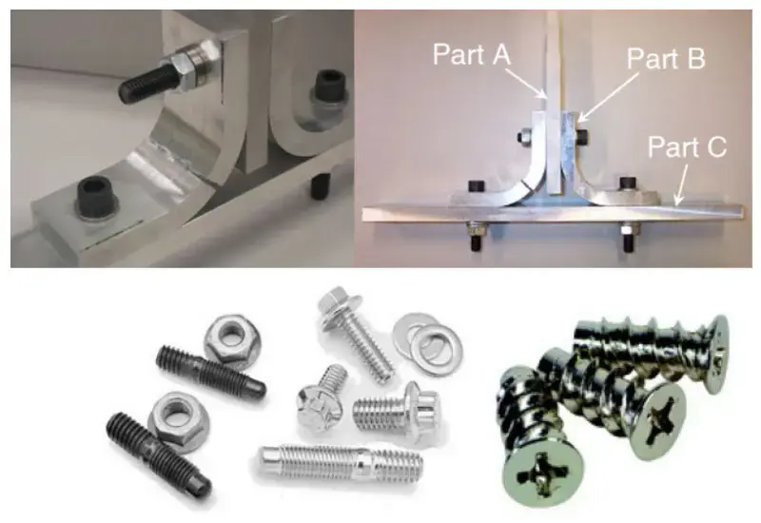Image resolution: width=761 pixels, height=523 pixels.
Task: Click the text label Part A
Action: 471,54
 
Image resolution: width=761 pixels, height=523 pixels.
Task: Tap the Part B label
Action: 665,59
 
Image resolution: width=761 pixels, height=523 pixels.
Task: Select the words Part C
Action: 687,146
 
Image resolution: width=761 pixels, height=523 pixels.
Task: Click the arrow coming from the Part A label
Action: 527,83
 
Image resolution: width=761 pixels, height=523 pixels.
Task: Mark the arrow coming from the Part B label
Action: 608,97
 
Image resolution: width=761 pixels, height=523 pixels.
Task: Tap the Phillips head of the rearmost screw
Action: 717,353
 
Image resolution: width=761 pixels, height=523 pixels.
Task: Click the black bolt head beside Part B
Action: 583,136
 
